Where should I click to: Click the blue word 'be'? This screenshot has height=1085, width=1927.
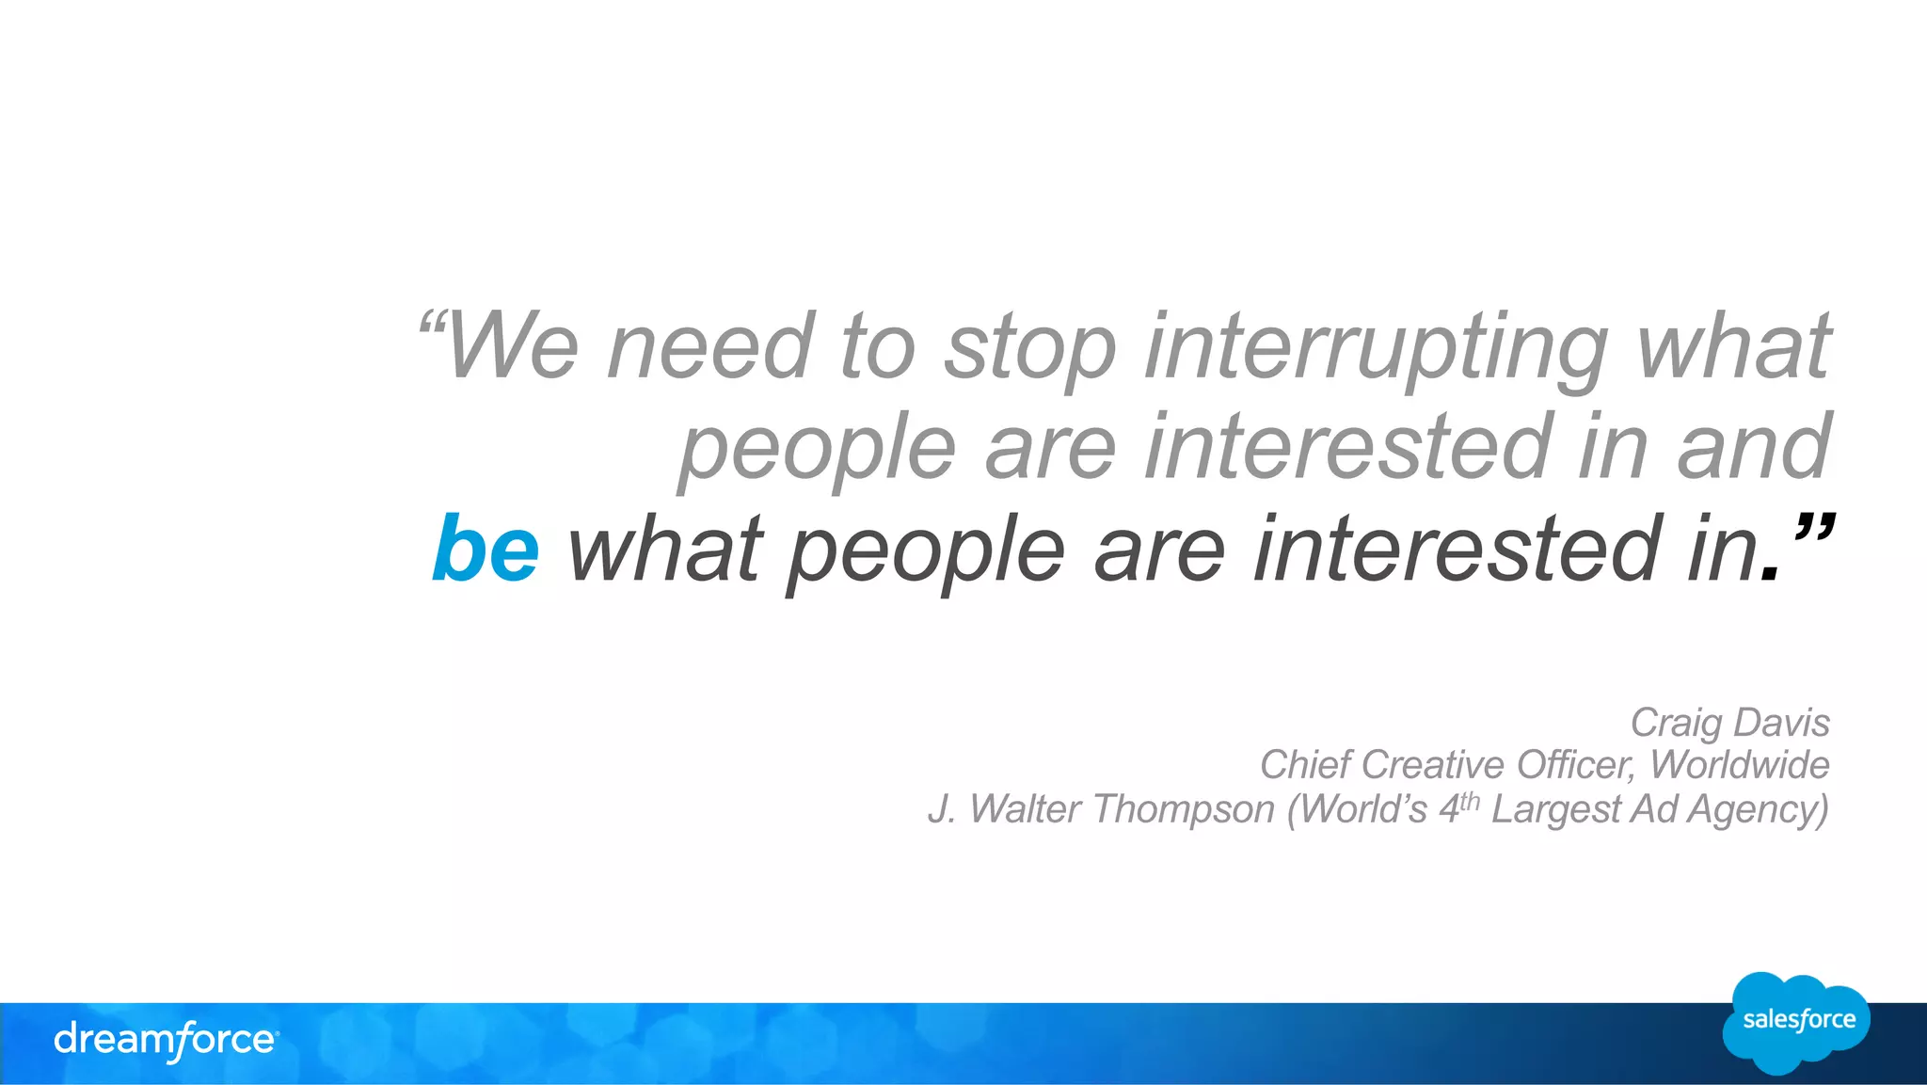[x=486, y=550]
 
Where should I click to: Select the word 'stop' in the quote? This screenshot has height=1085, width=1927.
[x=1030, y=348]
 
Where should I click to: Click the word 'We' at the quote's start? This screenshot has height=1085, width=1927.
[x=513, y=346]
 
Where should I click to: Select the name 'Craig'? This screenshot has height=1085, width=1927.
[x=1676, y=724]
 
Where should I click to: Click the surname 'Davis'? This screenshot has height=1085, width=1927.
[x=1783, y=723]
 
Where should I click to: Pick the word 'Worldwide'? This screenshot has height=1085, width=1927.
[x=1740, y=765]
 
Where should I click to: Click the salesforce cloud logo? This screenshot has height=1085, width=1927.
[x=1797, y=1023]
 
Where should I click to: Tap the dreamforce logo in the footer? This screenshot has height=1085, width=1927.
[x=166, y=1040]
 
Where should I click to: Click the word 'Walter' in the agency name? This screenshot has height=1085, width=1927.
[x=1025, y=809]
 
